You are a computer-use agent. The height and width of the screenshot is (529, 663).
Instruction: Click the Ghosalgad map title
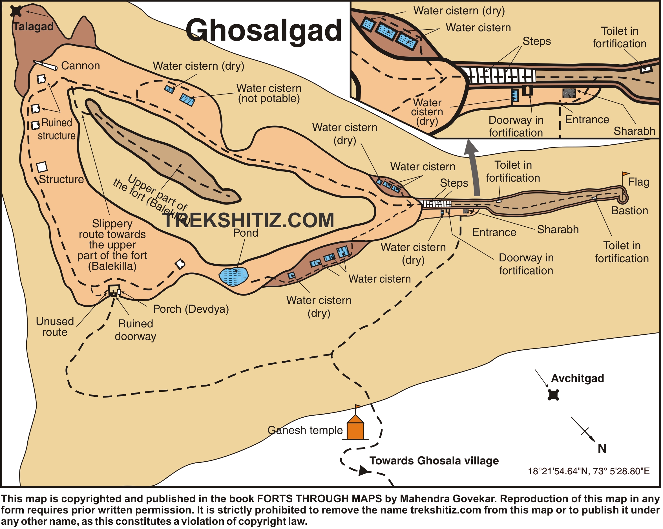[264, 30]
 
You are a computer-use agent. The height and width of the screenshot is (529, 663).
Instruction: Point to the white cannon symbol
[45, 65]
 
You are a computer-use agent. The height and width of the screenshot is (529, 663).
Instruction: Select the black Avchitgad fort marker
[554, 395]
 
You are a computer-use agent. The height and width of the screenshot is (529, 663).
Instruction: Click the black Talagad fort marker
[16, 11]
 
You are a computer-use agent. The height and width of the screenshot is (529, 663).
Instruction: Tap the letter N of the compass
[602, 449]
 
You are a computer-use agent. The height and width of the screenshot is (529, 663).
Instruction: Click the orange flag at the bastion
[626, 174]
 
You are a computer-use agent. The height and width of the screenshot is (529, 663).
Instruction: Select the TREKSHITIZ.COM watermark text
[248, 220]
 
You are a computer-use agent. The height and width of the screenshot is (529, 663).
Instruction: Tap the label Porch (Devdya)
[191, 309]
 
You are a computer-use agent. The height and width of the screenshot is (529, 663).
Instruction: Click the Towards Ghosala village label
[434, 461]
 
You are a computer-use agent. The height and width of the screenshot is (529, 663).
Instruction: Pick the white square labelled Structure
[42, 167]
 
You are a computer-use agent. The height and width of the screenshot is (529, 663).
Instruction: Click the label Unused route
[55, 327]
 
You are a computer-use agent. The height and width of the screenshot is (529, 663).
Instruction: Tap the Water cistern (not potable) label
[269, 93]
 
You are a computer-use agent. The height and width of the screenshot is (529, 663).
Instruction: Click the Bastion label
[629, 211]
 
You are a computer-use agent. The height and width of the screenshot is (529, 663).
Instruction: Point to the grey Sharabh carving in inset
[569, 93]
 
